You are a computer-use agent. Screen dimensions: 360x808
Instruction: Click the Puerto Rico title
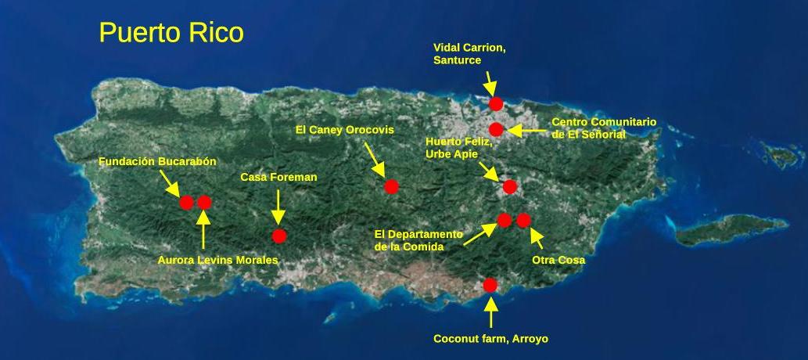point(171,33)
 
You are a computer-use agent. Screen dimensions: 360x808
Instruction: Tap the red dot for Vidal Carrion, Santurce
point(495,103)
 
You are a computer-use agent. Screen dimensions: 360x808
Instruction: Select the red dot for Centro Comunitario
point(496,128)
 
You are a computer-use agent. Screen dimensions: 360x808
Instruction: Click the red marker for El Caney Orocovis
point(392,186)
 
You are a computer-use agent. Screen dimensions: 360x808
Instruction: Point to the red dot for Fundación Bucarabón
point(186,203)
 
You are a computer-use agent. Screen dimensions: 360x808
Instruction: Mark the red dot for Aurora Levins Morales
point(204,203)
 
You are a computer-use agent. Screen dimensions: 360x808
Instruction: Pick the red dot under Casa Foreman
point(279,236)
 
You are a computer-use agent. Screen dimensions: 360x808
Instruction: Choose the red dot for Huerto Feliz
point(509,186)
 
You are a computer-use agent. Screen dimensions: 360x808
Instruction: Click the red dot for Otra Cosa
point(524,220)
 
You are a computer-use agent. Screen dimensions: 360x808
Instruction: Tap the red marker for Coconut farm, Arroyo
point(490,284)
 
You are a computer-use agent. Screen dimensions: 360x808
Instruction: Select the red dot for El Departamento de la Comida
point(504,220)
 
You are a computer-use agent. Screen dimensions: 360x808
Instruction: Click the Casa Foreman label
point(278,178)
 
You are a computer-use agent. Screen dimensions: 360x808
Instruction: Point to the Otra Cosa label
point(558,260)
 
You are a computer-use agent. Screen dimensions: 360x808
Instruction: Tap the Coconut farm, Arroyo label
point(490,339)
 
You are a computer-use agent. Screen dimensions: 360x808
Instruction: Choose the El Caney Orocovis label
point(344,130)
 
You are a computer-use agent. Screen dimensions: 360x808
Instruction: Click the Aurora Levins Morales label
point(217,260)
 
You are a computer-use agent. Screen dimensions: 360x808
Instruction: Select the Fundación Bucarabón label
point(157,161)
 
